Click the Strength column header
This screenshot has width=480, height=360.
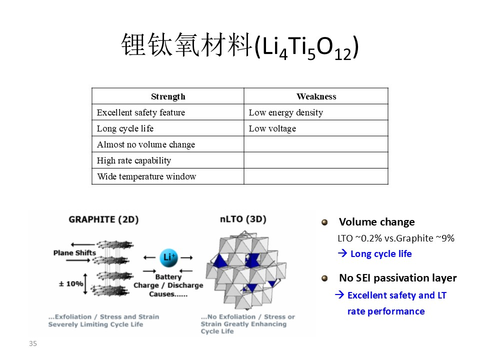(168, 96)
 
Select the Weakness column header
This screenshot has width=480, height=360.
(316, 96)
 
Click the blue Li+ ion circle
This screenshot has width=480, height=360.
(168, 258)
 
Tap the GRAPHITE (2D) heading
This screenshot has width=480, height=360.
(103, 219)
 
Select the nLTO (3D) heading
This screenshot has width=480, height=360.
(243, 219)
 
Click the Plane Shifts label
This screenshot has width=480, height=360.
(74, 253)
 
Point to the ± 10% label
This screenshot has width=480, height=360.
(70, 284)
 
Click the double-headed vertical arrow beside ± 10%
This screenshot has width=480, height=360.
(85, 284)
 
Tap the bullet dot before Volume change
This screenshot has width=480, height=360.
(324, 222)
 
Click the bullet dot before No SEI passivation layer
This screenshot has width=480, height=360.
(324, 278)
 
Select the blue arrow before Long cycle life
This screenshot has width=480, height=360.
(342, 253)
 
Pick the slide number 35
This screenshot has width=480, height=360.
(33, 343)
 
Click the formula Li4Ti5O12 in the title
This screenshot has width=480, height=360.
(306, 47)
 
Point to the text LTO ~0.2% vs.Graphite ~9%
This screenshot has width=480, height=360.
(396, 238)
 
